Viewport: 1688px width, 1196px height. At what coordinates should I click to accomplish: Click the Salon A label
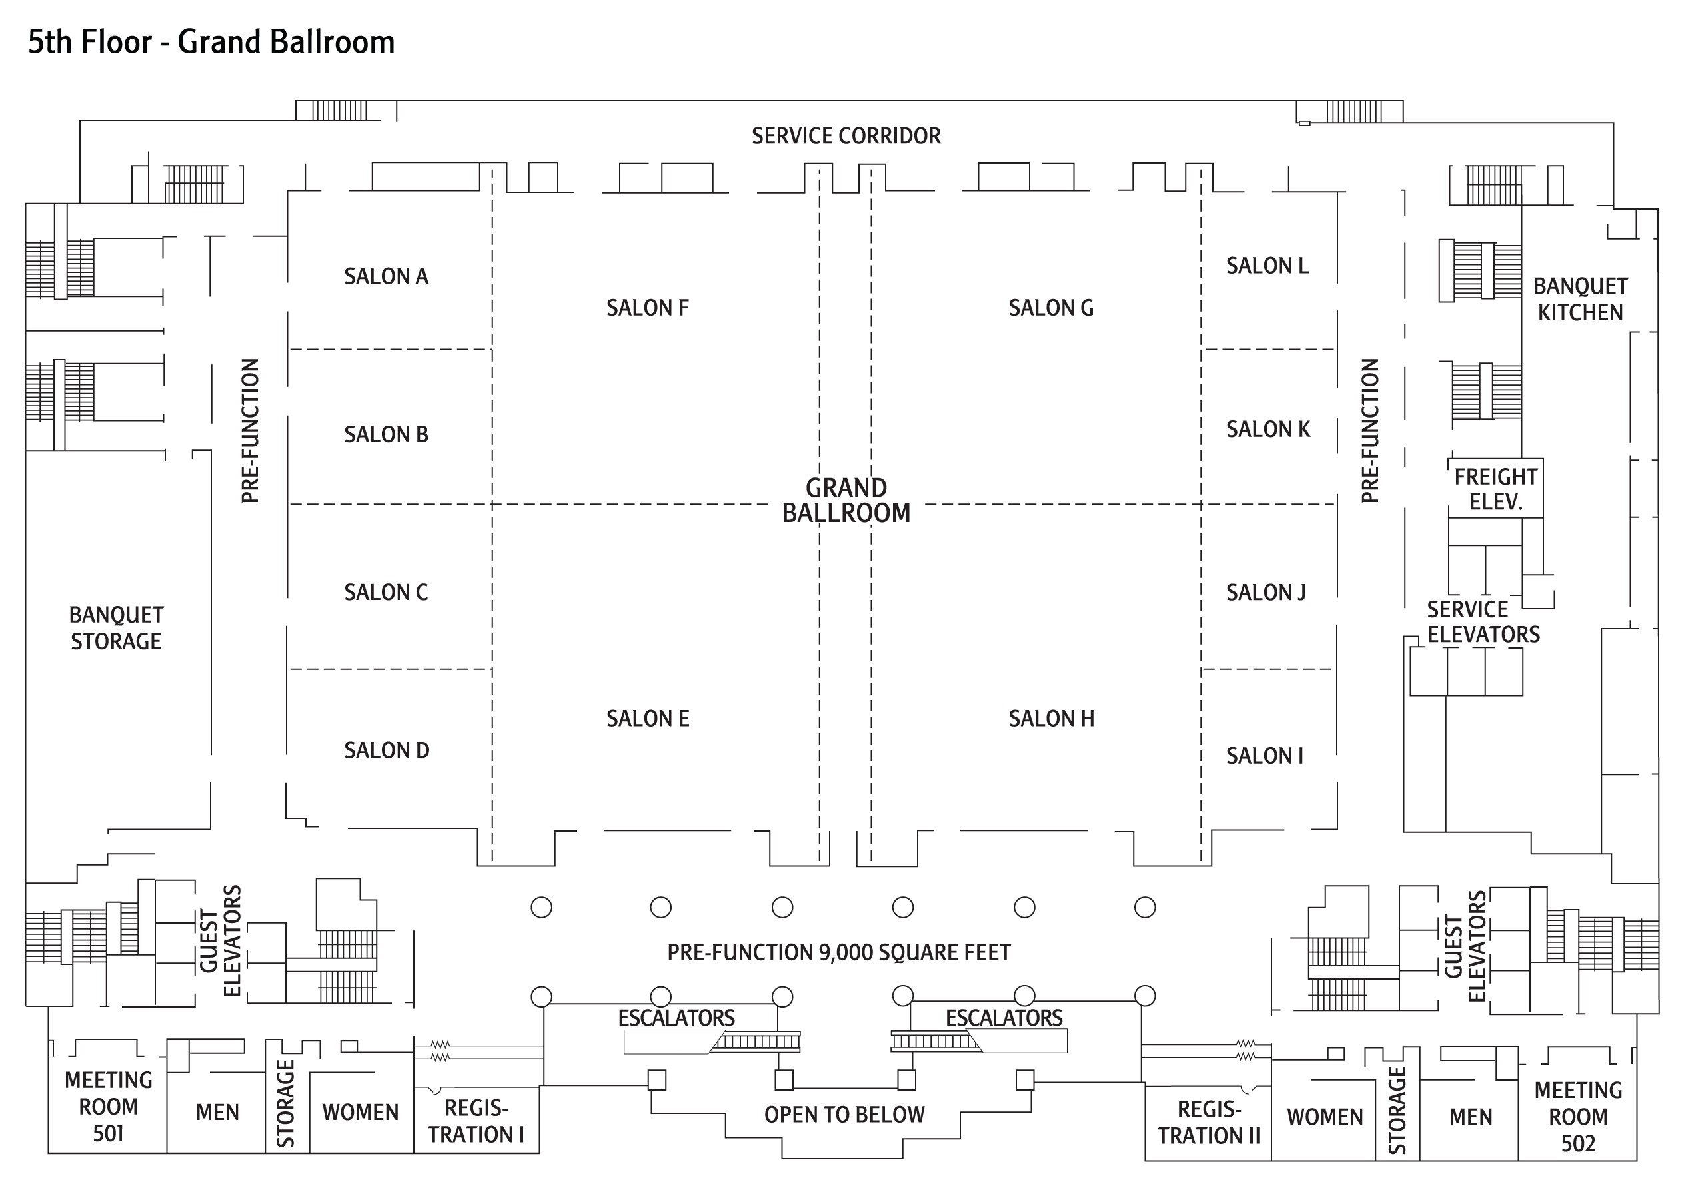click(x=386, y=276)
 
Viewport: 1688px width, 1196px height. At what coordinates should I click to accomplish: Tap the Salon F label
click(x=648, y=308)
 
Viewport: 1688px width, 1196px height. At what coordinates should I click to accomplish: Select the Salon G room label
click(x=1051, y=308)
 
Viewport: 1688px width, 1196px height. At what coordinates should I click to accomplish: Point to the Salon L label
click(x=1267, y=266)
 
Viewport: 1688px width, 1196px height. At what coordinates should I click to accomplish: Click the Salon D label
click(x=387, y=750)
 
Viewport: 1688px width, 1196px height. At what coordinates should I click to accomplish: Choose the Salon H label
click(x=1052, y=719)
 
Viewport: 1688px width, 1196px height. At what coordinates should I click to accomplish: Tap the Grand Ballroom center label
click(x=846, y=500)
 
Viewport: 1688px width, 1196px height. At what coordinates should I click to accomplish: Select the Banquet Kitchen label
click(x=1581, y=299)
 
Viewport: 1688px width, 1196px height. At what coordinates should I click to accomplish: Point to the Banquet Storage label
click(x=117, y=628)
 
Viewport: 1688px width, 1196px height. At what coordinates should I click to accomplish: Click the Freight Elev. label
click(x=1495, y=489)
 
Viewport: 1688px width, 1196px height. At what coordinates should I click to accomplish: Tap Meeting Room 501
click(x=109, y=1107)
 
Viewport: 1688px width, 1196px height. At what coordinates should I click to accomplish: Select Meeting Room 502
click(x=1578, y=1117)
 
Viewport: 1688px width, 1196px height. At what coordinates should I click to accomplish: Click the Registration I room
click(x=476, y=1121)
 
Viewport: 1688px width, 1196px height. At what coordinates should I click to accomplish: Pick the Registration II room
click(x=1208, y=1123)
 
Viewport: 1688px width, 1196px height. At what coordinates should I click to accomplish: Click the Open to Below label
click(x=844, y=1115)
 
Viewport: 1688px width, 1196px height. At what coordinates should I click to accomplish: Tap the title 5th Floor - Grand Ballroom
click(x=211, y=42)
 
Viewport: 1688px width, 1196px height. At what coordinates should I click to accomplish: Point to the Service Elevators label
click(x=1483, y=622)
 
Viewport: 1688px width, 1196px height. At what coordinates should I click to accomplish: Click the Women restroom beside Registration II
click(x=1325, y=1117)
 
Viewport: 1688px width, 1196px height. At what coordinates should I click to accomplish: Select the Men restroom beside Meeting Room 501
click(x=217, y=1113)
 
